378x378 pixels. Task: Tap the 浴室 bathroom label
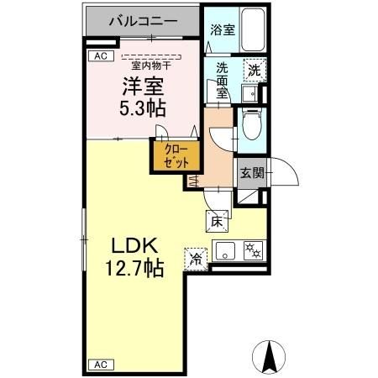pos(223,29)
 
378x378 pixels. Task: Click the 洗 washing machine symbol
pos(252,71)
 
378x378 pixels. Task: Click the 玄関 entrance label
pos(251,173)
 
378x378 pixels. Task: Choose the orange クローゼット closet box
pos(176,155)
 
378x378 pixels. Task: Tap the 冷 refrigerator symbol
pos(196,260)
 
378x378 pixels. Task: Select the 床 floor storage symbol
pos(215,222)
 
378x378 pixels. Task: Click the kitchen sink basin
pos(226,249)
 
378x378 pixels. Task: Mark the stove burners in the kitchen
pos(252,249)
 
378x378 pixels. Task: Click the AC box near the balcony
pos(98,56)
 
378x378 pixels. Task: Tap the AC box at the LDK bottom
pos(98,365)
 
